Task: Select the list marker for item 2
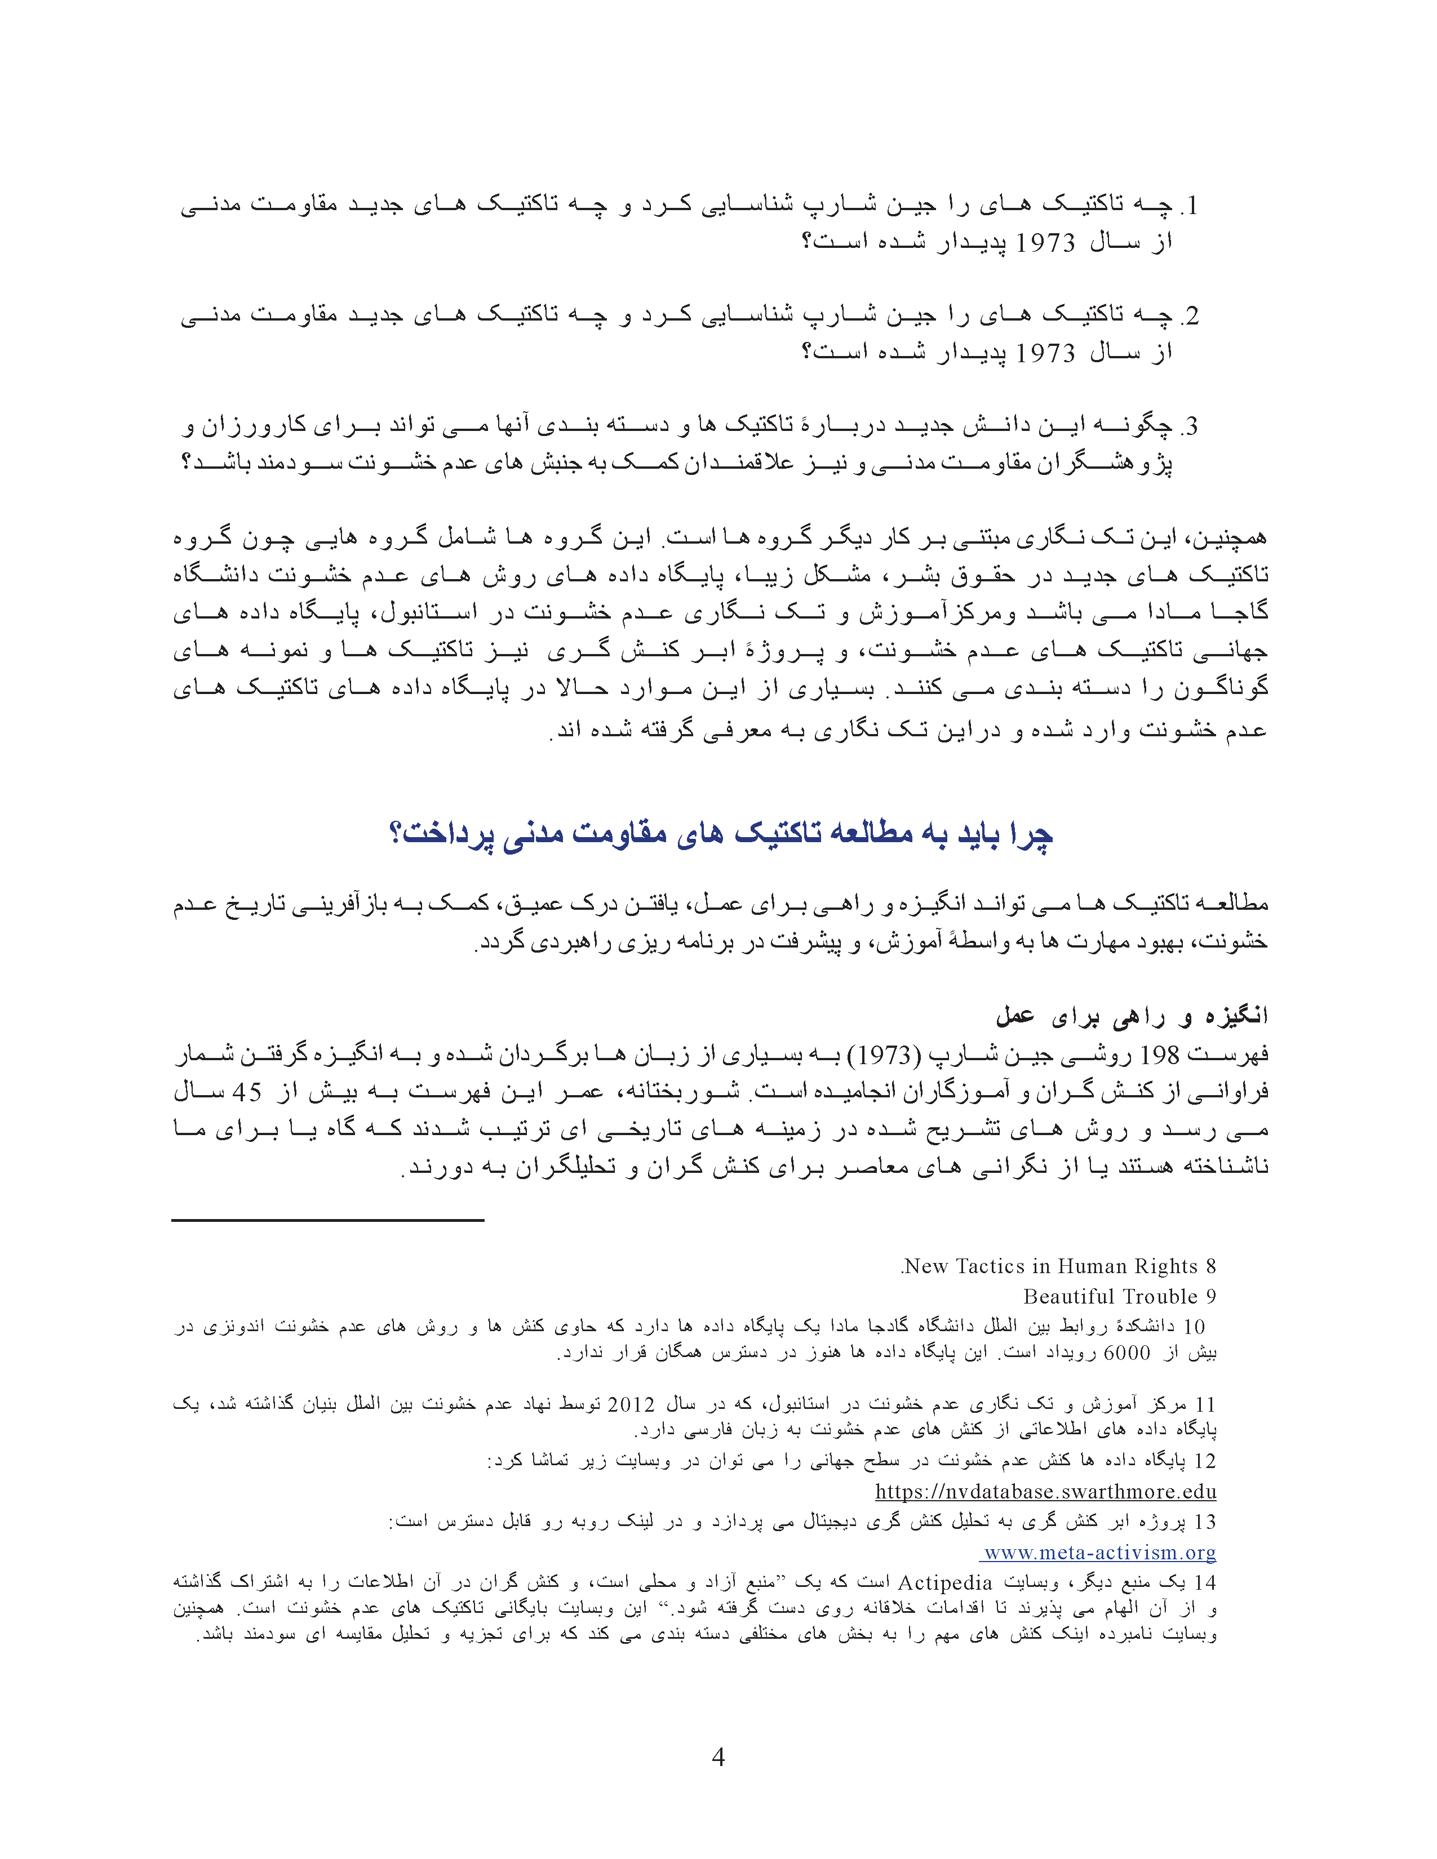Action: (x=1188, y=316)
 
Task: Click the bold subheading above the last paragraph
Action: (x=1132, y=1016)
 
